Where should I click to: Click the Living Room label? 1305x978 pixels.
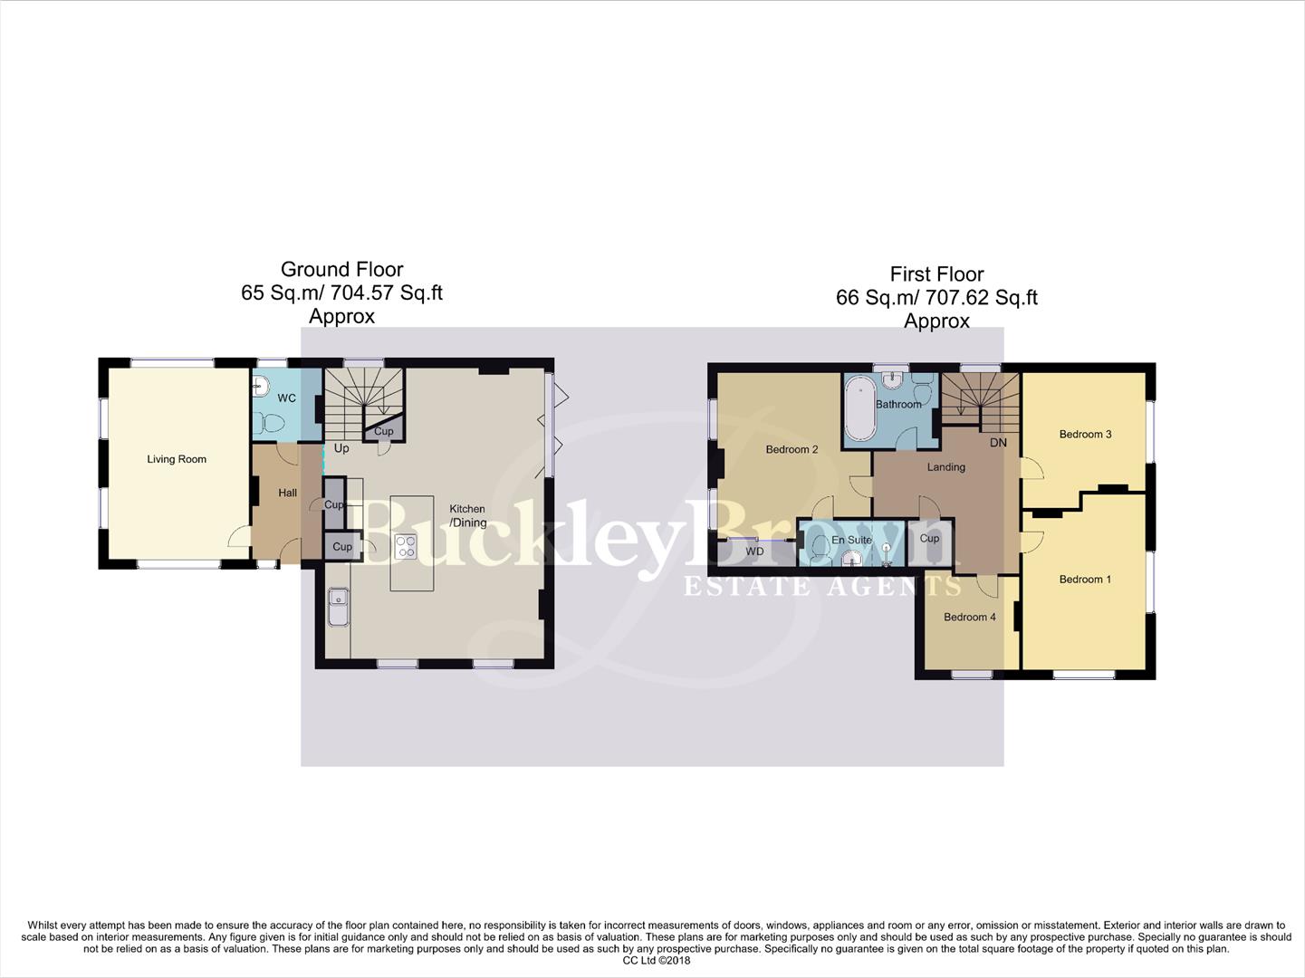pos(177,459)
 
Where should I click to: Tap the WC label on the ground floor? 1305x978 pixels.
pos(286,398)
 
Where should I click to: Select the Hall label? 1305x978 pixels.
pos(287,493)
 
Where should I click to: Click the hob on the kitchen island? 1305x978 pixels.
pos(406,546)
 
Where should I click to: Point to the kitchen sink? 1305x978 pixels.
pos(338,608)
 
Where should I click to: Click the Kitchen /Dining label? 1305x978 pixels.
pos(468,515)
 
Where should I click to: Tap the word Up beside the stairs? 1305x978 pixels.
pos(341,448)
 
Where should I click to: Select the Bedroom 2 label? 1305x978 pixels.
pos(792,449)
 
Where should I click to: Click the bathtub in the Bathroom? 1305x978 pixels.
pos(859,408)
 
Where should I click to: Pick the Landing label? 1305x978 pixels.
pos(945,467)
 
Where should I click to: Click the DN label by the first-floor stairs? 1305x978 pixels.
pos(998,443)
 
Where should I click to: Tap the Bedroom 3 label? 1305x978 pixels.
pos(1085,434)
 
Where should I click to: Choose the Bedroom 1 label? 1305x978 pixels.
pos(1085,579)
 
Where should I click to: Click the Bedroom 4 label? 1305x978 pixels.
pos(969,617)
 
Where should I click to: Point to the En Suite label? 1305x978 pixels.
pos(852,540)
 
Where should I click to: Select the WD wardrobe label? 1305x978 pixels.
pos(754,551)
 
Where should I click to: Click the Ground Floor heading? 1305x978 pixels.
pos(341,269)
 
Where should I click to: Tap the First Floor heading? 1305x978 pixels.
pos(936,273)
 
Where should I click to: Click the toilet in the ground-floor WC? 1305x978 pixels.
pos(269,422)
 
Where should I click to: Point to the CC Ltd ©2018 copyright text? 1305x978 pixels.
pos(656,961)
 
